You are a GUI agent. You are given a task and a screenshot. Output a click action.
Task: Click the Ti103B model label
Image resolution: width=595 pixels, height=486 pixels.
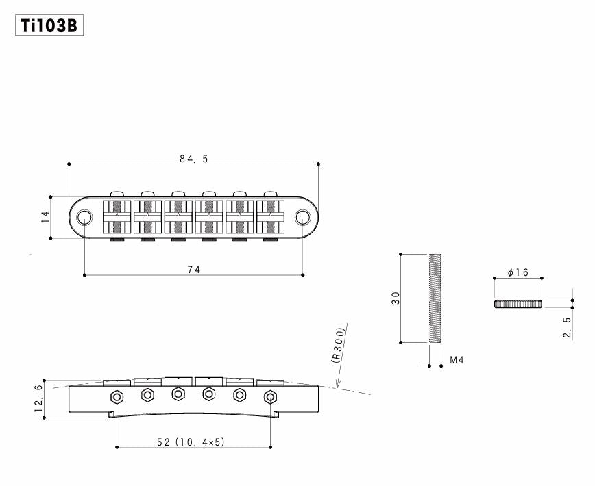(x=49, y=27)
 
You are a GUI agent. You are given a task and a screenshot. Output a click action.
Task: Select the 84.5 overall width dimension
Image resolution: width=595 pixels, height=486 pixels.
(x=193, y=158)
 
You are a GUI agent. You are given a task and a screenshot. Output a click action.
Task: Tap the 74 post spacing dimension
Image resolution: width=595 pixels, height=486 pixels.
(x=193, y=269)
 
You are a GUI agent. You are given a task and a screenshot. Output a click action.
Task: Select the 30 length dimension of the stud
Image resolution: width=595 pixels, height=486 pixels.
(x=395, y=298)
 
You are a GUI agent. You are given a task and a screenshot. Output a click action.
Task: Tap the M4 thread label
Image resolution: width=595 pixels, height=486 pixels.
(x=457, y=359)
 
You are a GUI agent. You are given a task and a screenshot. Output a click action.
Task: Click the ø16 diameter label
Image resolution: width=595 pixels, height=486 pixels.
(x=518, y=272)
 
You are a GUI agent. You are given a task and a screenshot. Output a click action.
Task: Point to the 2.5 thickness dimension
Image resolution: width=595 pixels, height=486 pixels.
(x=566, y=329)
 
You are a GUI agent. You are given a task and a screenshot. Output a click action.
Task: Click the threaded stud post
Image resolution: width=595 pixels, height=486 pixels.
(x=435, y=298)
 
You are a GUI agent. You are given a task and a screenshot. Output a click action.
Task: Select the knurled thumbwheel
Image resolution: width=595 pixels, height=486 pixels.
(x=518, y=304)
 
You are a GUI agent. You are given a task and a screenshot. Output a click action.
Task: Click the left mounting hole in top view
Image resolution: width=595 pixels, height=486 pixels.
(x=84, y=217)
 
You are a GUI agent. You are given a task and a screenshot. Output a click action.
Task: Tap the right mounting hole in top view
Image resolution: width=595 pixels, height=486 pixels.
(x=303, y=217)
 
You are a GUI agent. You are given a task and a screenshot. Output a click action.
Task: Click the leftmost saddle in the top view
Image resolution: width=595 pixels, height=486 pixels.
(x=117, y=216)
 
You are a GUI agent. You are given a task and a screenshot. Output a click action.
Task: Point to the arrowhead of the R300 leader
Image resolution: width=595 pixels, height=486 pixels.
(x=337, y=387)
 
